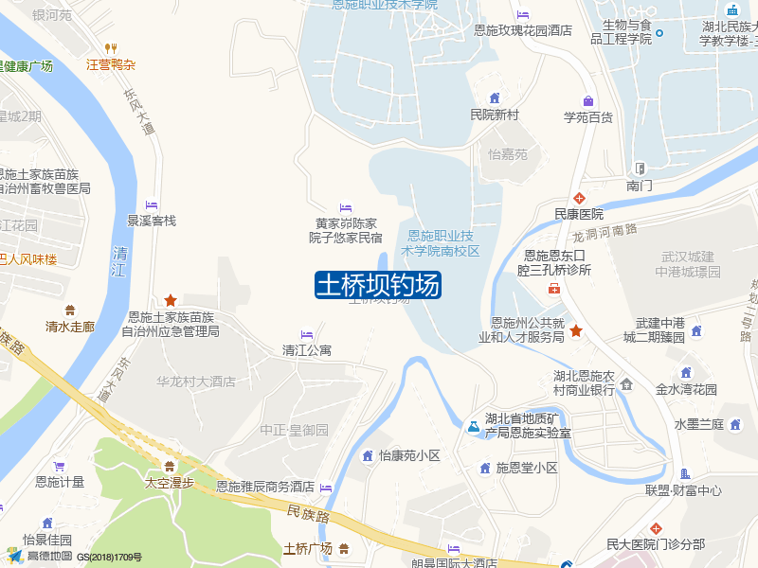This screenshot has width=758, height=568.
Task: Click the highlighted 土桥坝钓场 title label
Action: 377,285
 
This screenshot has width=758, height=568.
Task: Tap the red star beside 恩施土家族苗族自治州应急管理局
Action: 171,299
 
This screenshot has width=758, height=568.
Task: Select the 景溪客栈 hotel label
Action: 152,221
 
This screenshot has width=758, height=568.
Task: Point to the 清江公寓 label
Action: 307,350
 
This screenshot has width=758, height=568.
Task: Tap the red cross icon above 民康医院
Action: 578,197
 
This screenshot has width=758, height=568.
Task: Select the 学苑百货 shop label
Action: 588,117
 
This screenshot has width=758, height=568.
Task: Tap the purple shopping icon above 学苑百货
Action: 588,101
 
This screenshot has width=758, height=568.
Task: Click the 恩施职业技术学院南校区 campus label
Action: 442,243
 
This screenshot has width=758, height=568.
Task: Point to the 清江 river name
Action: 118,261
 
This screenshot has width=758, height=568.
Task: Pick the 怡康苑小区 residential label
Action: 409,455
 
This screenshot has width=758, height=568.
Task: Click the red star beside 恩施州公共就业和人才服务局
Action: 576,330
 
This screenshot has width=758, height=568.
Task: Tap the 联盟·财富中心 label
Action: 683,490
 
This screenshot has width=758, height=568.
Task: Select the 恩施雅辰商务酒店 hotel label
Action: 265,487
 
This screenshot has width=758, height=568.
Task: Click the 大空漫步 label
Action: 169,482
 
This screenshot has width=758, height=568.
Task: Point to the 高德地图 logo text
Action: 49,556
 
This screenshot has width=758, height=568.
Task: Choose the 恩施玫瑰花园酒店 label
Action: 523,30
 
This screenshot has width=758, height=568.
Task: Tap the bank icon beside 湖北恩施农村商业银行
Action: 626,383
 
